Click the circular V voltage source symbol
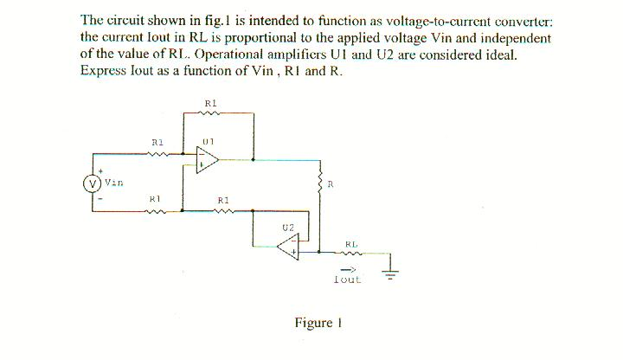pos(90,183)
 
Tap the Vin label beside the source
pos(113,183)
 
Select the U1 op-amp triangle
pos(207,160)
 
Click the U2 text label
pos(288,226)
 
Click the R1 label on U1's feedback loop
pos(210,103)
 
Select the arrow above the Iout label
pos(351,269)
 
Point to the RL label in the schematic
pos(351,244)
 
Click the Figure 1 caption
pos(313,323)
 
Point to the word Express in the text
pos(102,71)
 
